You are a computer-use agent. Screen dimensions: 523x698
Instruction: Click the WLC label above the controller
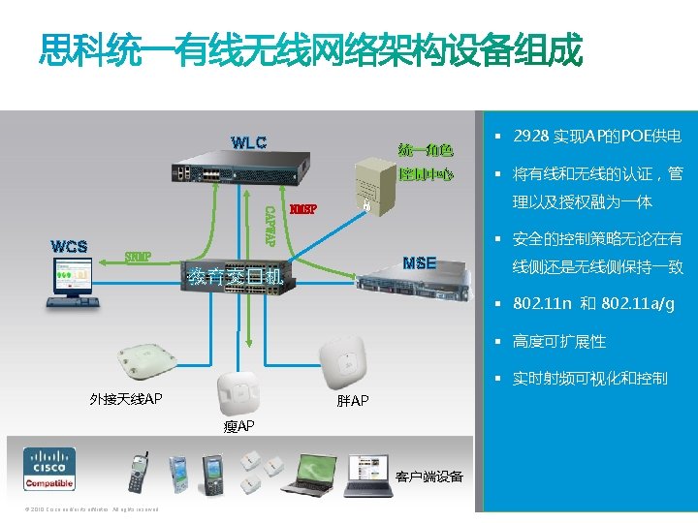(x=248, y=143)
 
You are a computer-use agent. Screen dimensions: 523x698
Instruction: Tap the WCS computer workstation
(x=70, y=287)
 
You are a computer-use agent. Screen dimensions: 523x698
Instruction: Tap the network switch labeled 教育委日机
(x=236, y=282)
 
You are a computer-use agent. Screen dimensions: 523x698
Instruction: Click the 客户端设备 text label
(x=429, y=477)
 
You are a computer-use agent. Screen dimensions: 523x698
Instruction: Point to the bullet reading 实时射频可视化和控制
(x=589, y=379)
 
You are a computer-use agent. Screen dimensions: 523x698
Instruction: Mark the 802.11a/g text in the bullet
(x=637, y=305)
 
